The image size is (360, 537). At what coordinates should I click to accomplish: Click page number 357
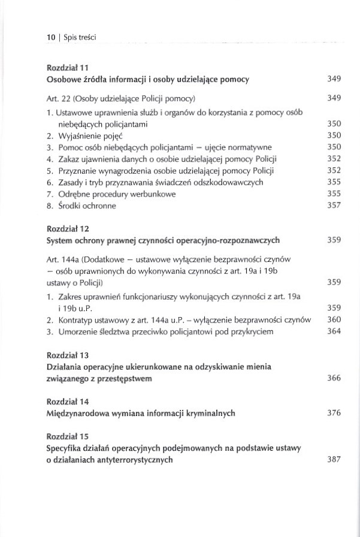coord(334,206)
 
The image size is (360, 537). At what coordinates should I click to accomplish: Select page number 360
coord(334,319)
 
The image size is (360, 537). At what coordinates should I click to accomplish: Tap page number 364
coord(334,331)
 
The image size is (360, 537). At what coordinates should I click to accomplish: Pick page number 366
coord(334,378)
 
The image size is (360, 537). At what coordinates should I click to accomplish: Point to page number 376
coord(334,413)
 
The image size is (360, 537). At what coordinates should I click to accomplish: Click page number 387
coord(334,460)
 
